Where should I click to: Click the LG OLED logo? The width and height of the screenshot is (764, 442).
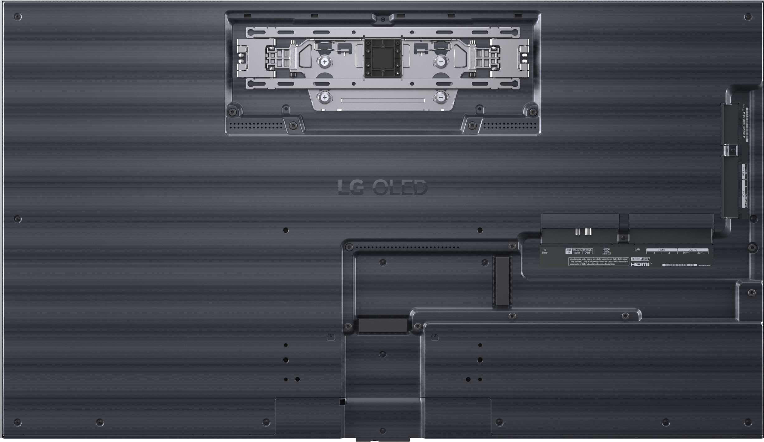click(x=383, y=188)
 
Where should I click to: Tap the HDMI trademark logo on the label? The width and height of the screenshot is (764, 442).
click(x=641, y=264)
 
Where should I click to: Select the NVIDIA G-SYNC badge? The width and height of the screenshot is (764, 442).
click(x=640, y=259)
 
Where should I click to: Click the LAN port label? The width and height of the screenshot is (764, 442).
click(x=637, y=249)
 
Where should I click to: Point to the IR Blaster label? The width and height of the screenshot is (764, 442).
click(x=545, y=251)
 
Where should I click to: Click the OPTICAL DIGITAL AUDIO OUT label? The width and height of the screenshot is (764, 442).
click(x=606, y=251)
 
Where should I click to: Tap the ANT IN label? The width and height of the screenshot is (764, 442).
click(x=568, y=251)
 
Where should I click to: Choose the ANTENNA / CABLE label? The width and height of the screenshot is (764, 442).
click(x=587, y=251)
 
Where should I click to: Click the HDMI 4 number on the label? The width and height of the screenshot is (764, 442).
click(x=654, y=253)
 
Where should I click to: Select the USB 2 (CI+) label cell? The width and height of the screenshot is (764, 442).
click(x=700, y=253)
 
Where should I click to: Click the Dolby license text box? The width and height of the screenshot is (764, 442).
click(x=598, y=262)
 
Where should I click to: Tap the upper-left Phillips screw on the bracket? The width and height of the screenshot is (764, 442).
click(x=325, y=62)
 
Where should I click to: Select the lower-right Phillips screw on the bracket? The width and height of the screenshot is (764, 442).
click(x=441, y=98)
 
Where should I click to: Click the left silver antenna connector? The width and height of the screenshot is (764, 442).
click(x=578, y=232)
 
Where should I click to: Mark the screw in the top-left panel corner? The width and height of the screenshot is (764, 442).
click(x=17, y=17)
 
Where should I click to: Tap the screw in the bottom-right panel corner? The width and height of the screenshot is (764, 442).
click(x=748, y=422)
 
